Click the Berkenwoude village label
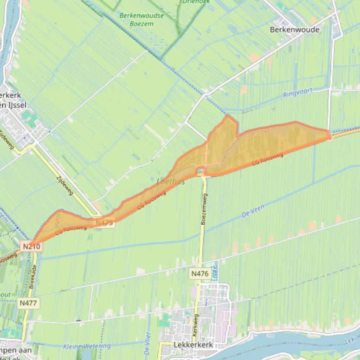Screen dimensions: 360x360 (294, 29)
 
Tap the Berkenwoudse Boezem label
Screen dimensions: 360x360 (141, 19)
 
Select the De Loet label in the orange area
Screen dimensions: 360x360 (257, 133)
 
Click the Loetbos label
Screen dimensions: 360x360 (171, 181)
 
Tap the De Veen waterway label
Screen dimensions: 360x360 (253, 214)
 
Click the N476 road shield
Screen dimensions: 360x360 (199, 273)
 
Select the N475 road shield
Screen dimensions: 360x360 (104, 223)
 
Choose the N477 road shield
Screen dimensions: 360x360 (28, 303)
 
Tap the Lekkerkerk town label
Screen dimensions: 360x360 (193, 345)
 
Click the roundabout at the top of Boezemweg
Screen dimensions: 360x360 (201, 170)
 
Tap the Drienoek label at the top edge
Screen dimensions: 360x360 (196, 2)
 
